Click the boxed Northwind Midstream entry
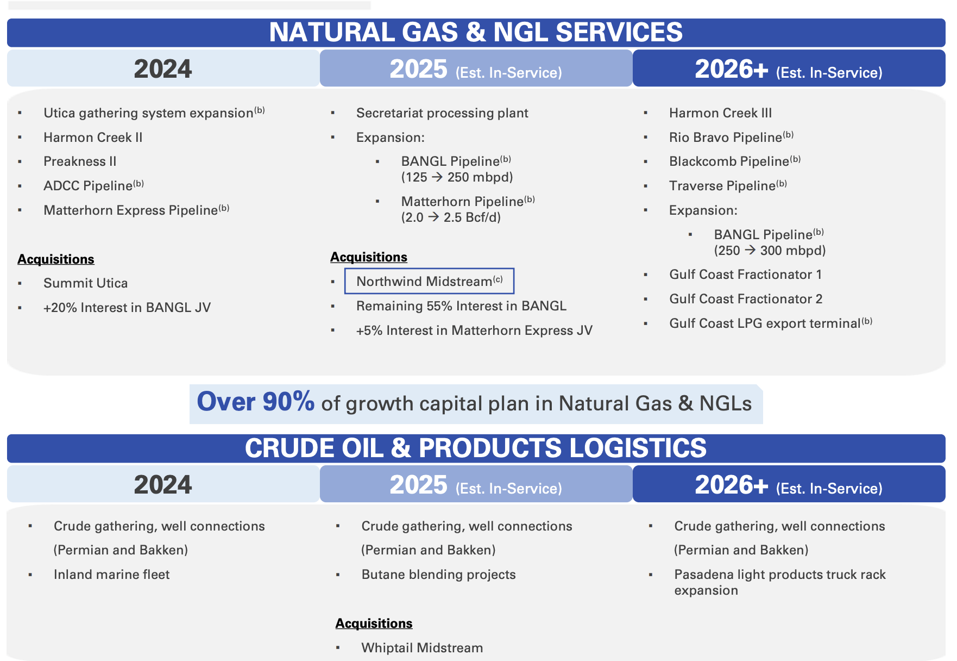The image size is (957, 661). pyautogui.click(x=429, y=281)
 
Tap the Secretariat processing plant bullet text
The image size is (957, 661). pyautogui.click(x=442, y=113)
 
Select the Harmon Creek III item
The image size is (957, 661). pyautogui.click(x=720, y=113)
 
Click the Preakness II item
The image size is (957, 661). pyautogui.click(x=80, y=161)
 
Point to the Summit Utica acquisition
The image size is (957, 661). pyautogui.click(x=85, y=283)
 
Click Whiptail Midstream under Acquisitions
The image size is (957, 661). pyautogui.click(x=421, y=648)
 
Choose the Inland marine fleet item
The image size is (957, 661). pyautogui.click(x=111, y=575)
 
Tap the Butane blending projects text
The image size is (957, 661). pyautogui.click(x=438, y=575)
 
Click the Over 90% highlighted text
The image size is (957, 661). pyautogui.click(x=255, y=402)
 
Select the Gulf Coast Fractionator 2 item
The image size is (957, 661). pyautogui.click(x=745, y=299)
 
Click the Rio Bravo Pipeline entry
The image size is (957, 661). pyautogui.click(x=725, y=138)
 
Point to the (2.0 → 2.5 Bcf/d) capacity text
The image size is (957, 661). pyautogui.click(x=450, y=217)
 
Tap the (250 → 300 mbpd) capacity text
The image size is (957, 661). pyautogui.click(x=769, y=251)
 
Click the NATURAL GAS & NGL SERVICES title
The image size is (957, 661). pyautogui.click(x=476, y=32)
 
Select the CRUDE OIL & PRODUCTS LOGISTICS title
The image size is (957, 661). pyautogui.click(x=476, y=448)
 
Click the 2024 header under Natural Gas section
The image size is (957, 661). pyautogui.click(x=163, y=69)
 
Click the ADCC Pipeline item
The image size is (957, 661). pyautogui.click(x=88, y=186)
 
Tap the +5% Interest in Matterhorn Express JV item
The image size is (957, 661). pyautogui.click(x=474, y=330)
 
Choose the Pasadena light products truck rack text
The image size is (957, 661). pyautogui.click(x=779, y=575)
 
